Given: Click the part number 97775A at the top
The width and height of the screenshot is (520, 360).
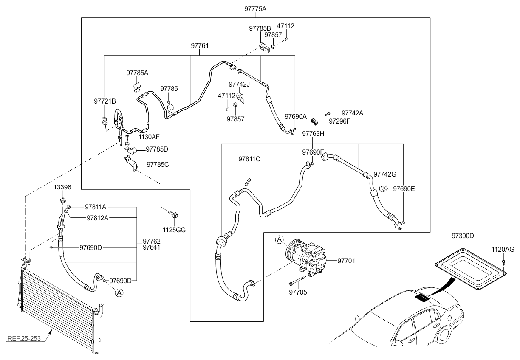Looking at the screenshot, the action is coord(255,9).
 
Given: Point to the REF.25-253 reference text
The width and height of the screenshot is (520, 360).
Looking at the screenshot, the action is coord(24,339).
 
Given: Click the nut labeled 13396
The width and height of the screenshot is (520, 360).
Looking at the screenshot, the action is coord(62,200).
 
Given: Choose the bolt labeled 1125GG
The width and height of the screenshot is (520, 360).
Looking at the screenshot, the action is coord(173,214).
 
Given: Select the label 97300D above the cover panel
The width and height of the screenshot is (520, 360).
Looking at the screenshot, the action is coord(463,236).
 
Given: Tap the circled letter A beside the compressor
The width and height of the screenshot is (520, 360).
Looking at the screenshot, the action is coord(279,239).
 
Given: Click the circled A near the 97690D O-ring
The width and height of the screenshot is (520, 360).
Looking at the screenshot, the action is coord(119,293).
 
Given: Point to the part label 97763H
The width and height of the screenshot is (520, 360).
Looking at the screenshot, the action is coord(313,134).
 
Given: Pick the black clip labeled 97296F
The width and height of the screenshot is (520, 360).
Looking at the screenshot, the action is coord(314,121).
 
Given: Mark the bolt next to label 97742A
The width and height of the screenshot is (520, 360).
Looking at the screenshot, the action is coord(328,114).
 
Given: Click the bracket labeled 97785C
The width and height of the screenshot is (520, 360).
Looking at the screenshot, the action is coord(130,163).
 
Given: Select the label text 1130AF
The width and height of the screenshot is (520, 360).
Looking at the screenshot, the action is coord(149,137).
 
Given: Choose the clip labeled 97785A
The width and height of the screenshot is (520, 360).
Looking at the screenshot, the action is coord(137,87).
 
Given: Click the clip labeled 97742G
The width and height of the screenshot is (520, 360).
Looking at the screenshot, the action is coord(384,188).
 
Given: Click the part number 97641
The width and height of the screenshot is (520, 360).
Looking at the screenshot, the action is coord(151,247).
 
